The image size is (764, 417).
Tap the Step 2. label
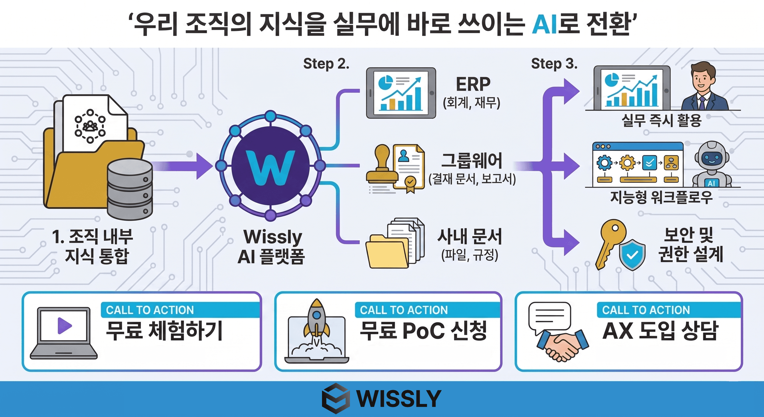pyautogui.click(x=326, y=64)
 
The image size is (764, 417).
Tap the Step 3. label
pyautogui.click(x=554, y=64)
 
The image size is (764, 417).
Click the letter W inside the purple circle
pyautogui.click(x=270, y=168)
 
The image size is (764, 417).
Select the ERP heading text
pyautogui.click(x=473, y=84)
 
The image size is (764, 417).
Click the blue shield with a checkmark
pyautogui.click(x=632, y=255)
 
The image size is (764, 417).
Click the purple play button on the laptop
pyautogui.click(x=64, y=326)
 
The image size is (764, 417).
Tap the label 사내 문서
pyautogui.click(x=469, y=236)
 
